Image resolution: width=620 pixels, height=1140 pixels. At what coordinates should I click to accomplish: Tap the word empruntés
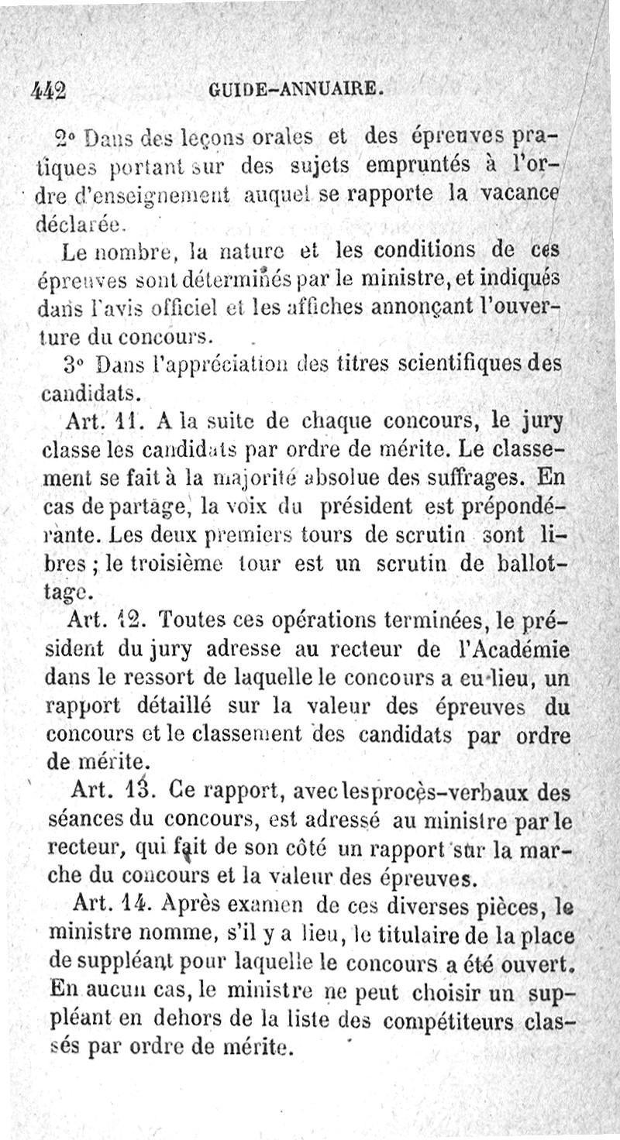coord(418,167)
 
